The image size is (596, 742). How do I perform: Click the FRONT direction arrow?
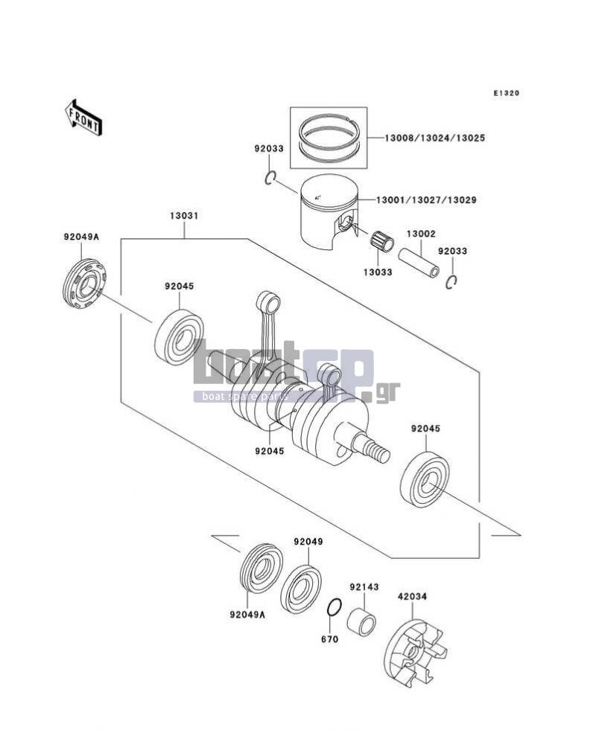83,118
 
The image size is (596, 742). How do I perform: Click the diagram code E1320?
507,93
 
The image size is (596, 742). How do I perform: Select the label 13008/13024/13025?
434,138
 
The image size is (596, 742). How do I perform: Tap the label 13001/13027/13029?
426,200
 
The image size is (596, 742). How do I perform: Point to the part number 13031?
184,216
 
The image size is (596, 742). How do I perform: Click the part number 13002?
421,234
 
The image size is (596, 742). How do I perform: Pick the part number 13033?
378,272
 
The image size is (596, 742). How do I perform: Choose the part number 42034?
412,597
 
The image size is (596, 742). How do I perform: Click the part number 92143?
364,587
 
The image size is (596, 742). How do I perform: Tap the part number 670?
330,639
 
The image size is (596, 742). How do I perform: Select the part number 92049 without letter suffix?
308,542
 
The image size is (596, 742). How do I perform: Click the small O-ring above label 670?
334,607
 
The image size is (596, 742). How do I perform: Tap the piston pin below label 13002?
419,262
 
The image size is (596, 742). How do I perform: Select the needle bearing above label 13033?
382,241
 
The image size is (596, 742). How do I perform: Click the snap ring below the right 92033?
451,282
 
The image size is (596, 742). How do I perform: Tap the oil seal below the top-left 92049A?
84,285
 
